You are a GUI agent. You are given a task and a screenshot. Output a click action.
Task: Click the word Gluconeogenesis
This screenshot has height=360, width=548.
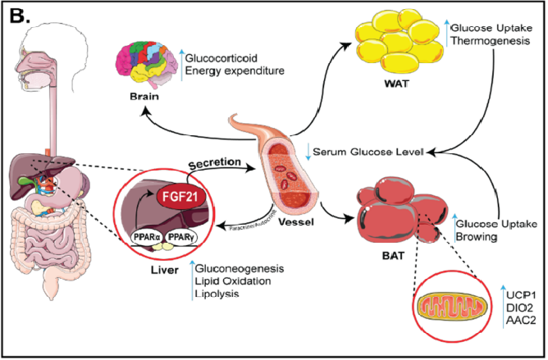click(x=242, y=267)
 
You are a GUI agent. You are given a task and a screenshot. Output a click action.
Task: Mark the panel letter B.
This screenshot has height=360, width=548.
click(x=19, y=16)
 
